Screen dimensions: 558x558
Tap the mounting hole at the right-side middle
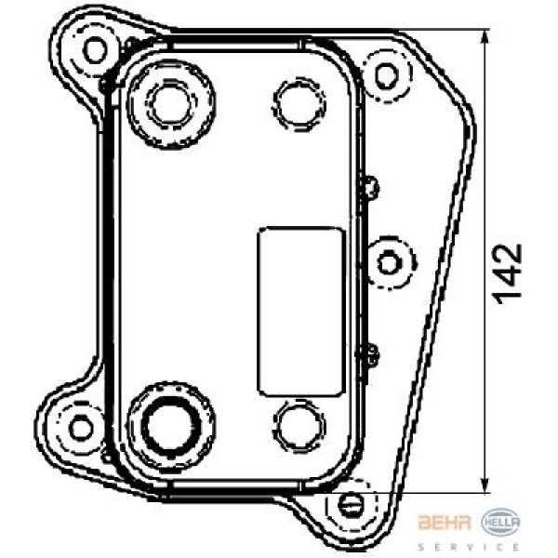389,263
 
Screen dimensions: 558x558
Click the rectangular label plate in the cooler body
300,311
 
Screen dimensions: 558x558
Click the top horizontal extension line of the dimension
437,29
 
